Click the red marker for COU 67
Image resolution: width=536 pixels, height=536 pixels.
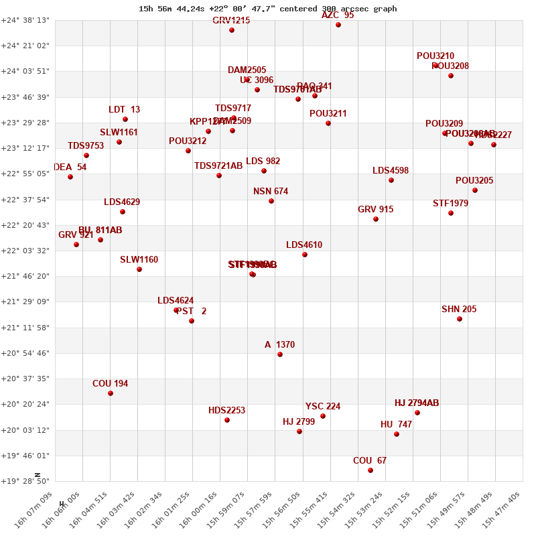[371, 470]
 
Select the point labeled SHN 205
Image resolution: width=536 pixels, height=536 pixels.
[460, 319]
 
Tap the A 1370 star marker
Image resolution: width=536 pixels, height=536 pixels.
[280, 354]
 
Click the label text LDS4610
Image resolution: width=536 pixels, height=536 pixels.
[304, 245]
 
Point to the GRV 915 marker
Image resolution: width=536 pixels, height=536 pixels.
[376, 219]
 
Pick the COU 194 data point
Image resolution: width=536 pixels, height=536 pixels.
[111, 393]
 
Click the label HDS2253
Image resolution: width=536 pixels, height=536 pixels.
[226, 411]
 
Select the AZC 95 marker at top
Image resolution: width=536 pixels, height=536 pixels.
[338, 25]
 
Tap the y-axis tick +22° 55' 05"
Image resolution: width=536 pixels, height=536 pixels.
[25, 174]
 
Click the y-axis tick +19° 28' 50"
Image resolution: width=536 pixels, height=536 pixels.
[25, 481]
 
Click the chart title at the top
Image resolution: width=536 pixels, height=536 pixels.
[268, 9]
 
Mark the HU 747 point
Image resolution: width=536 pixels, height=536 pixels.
[397, 434]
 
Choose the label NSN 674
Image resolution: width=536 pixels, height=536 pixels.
[271, 192]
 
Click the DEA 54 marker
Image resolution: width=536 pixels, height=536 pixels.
[70, 177]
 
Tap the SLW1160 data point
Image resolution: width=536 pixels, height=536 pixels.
[139, 269]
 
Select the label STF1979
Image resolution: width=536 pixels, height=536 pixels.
[450, 204]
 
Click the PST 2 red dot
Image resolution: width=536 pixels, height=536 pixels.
[192, 321]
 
